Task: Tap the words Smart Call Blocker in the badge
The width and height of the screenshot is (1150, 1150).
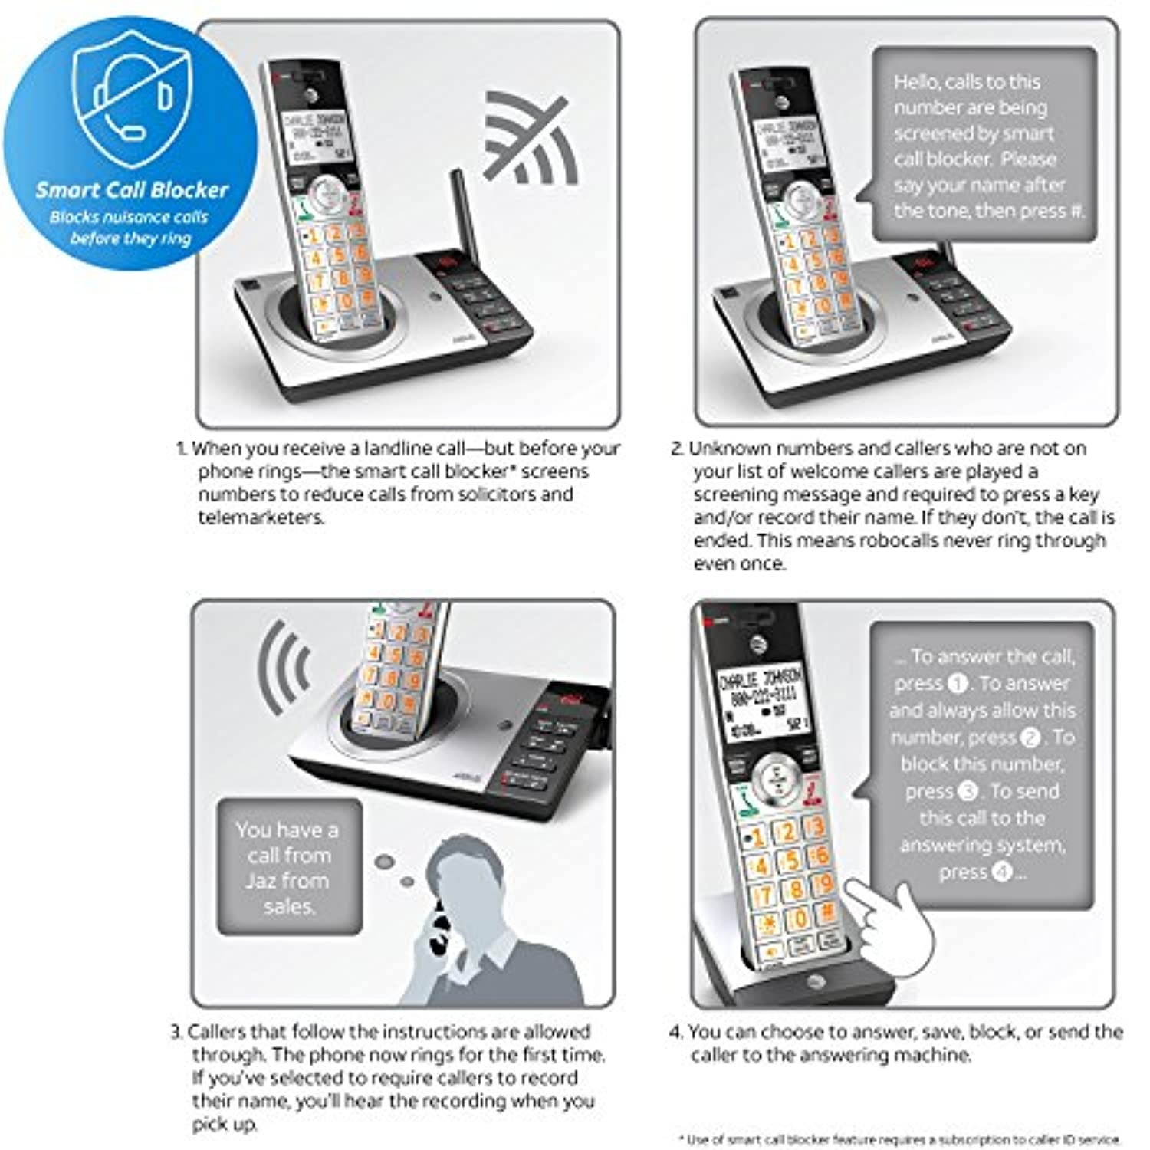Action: (x=132, y=190)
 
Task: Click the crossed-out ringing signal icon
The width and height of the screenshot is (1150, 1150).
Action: (x=529, y=138)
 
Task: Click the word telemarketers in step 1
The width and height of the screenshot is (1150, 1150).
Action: (x=261, y=517)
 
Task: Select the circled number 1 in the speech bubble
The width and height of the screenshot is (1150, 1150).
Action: (x=958, y=683)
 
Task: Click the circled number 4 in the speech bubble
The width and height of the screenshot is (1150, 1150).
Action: (x=1001, y=872)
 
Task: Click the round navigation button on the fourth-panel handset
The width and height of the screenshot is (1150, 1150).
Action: (x=776, y=776)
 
